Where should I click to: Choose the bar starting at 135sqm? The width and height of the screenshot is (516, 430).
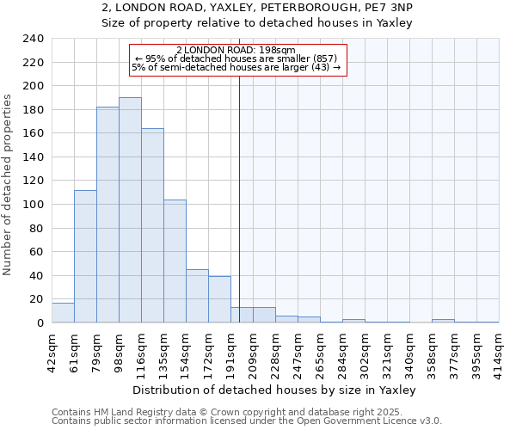(x=175, y=261)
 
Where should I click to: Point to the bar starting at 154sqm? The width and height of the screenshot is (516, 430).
(x=197, y=296)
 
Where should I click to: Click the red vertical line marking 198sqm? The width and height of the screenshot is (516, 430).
(x=239, y=189)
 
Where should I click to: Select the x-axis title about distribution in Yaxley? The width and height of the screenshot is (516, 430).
(x=273, y=390)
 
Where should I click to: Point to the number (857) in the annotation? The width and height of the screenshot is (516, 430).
(x=330, y=58)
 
